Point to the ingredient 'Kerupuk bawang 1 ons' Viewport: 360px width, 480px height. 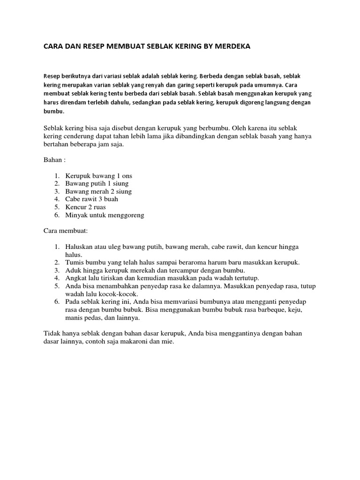pyautogui.click(x=99, y=176)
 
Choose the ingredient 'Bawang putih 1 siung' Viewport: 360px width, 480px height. pyautogui.click(x=97, y=183)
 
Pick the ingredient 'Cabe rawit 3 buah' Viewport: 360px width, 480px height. pyautogui.click(x=92, y=199)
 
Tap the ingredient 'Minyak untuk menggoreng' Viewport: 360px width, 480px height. pyautogui.click(x=105, y=215)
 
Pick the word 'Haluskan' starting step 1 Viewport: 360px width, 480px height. pyautogui.click(x=80, y=247)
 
